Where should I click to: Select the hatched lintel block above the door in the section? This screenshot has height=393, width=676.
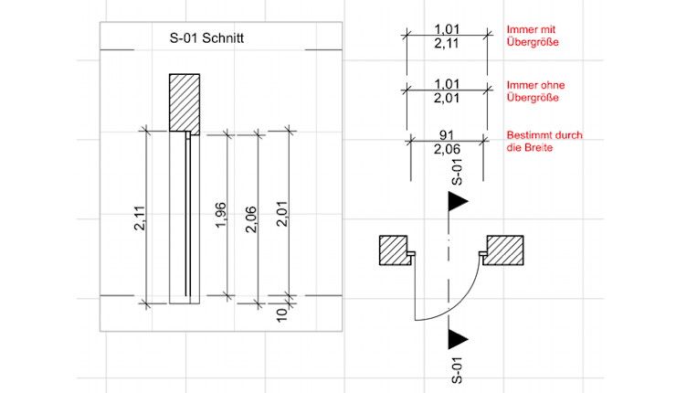[184, 102]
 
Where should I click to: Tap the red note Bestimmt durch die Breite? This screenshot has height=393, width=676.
[544, 141]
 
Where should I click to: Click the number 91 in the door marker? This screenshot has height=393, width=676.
[446, 134]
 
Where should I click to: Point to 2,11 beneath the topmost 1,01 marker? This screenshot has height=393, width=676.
[446, 43]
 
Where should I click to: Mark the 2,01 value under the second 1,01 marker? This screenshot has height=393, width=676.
[446, 97]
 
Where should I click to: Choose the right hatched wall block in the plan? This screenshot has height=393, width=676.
[506, 250]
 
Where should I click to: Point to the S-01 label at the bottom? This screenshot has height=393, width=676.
[458, 370]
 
